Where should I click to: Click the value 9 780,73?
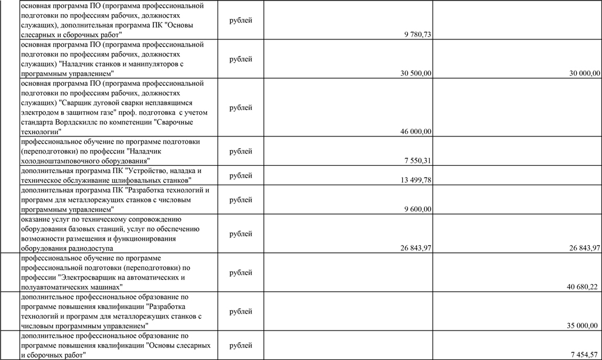pyautogui.click(x=418, y=35)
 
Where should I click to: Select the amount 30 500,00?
pyautogui.click(x=416, y=74)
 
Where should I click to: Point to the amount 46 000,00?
pyautogui.click(x=416, y=131)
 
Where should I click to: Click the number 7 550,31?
pyautogui.click(x=418, y=161)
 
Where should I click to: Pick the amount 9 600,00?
pyautogui.click(x=418, y=209)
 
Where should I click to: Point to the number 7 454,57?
pyautogui.click(x=585, y=355)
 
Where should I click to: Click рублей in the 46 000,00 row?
pyautogui.click(x=240, y=108)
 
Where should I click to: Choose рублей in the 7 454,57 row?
pyautogui.click(x=240, y=345)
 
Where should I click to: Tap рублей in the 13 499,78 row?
pyautogui.click(x=240, y=175)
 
